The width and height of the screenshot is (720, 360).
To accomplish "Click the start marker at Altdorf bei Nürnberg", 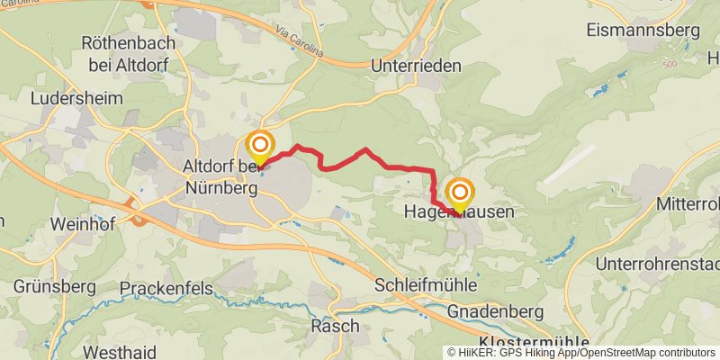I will (x=260, y=147).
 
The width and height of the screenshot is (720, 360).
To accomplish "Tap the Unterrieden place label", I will (x=415, y=66).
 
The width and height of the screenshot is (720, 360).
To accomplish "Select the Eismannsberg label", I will (x=643, y=30).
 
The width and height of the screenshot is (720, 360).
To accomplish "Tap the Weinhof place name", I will (x=82, y=224).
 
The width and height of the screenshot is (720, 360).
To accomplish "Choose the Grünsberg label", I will (x=55, y=286).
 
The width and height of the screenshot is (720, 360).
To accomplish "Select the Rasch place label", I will (x=334, y=325).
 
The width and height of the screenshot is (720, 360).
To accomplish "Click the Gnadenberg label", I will (x=499, y=310).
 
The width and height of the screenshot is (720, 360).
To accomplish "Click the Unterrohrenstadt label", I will (x=658, y=265).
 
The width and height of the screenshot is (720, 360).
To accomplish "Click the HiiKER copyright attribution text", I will (x=580, y=353).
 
